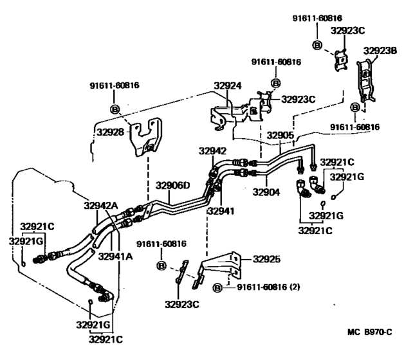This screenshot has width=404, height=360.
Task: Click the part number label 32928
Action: [111, 131]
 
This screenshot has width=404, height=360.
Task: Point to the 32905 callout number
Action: [281, 136]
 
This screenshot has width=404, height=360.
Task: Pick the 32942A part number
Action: [101, 206]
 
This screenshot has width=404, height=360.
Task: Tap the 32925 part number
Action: [268, 259]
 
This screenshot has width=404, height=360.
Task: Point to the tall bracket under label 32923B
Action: [366, 80]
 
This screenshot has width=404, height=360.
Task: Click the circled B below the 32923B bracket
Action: [354, 107]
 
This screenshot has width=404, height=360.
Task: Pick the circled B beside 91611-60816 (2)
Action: [217, 287]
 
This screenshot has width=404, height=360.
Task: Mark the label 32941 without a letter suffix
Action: [221, 210]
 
